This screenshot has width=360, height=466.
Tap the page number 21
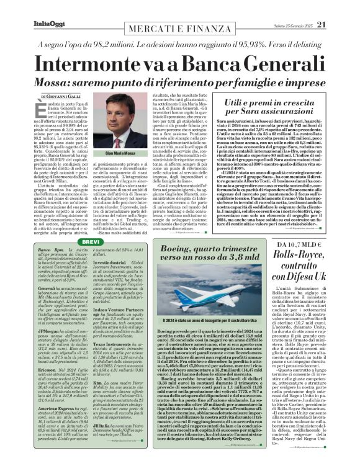(x=339, y=7)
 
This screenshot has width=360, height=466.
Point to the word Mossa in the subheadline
(x=56, y=84)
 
